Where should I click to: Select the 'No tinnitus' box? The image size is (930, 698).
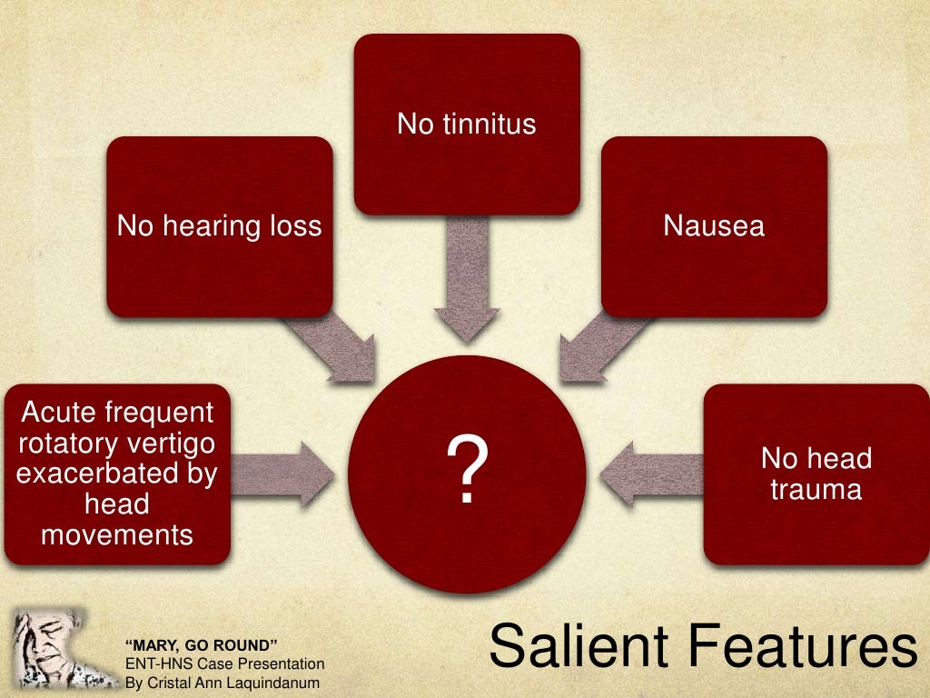coord(466,124)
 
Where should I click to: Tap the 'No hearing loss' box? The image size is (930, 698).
coord(219,225)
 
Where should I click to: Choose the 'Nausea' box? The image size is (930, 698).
coord(714,225)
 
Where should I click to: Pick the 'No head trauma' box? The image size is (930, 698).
coord(816,474)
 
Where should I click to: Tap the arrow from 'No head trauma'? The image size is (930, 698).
coord(649,474)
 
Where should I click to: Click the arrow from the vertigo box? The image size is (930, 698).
coord(282,474)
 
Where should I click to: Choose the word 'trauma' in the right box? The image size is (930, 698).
coord(816,490)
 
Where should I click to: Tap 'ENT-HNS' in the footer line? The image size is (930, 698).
coord(151,664)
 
